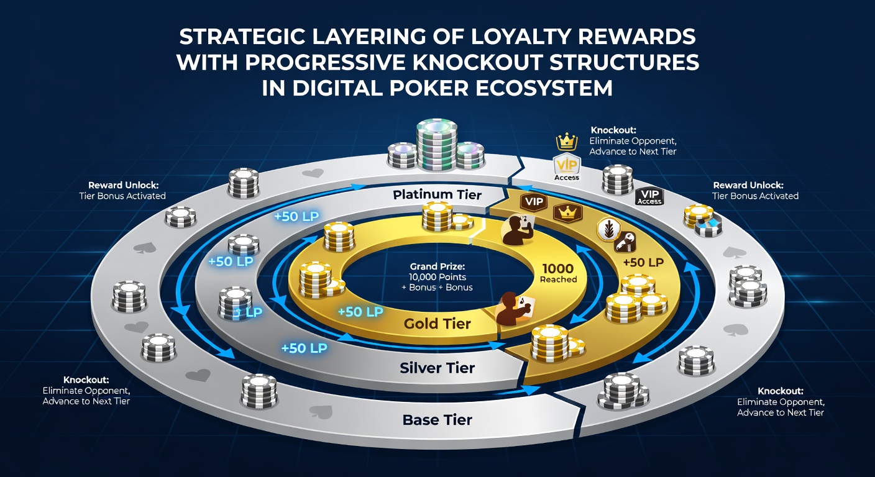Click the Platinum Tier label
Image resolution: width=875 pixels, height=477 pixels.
437,194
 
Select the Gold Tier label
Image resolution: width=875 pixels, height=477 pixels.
437,324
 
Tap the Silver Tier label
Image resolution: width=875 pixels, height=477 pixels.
437,368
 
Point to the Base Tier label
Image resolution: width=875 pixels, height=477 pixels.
437,420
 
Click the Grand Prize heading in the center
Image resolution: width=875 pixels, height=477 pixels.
437,266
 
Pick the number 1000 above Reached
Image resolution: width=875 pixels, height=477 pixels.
558,268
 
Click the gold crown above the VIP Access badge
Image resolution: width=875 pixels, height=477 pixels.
566,142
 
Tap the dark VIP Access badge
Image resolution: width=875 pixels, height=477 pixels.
649,197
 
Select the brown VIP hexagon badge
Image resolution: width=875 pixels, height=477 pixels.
534,202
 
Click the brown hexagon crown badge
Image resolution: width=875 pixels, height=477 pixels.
567,213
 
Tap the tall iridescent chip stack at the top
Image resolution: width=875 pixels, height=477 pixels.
437,145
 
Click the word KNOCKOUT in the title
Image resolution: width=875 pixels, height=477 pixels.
478,62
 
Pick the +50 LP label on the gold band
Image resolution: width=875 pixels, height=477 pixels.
360,312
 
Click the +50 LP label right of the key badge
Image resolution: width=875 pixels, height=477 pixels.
643,262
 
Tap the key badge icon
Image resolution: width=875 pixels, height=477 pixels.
625,242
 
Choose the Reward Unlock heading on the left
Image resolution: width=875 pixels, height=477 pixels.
124,185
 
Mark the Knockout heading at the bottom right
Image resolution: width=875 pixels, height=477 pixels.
781,391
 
